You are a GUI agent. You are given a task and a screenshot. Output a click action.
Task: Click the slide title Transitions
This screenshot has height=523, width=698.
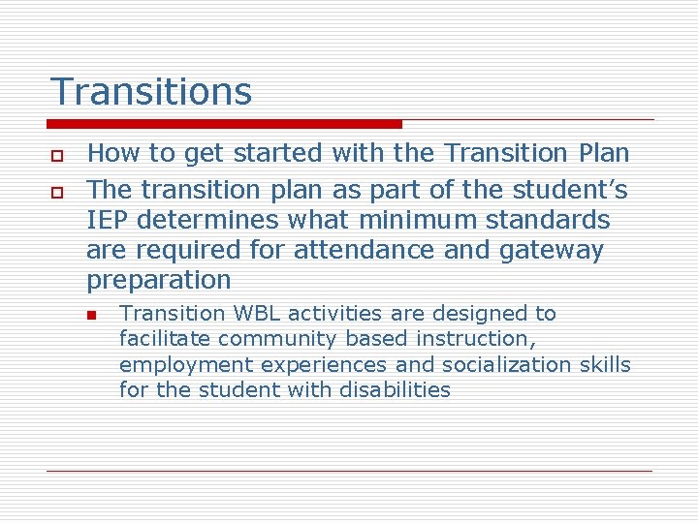coord(150,92)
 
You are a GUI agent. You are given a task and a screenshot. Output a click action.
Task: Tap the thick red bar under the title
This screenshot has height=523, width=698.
coord(224,124)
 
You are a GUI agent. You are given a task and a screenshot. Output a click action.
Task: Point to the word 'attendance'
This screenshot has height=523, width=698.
coord(356,251)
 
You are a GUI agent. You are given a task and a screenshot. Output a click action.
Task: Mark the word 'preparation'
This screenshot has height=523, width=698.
coord(159,281)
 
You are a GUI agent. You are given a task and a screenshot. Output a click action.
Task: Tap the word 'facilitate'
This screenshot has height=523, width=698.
coord(165,339)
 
